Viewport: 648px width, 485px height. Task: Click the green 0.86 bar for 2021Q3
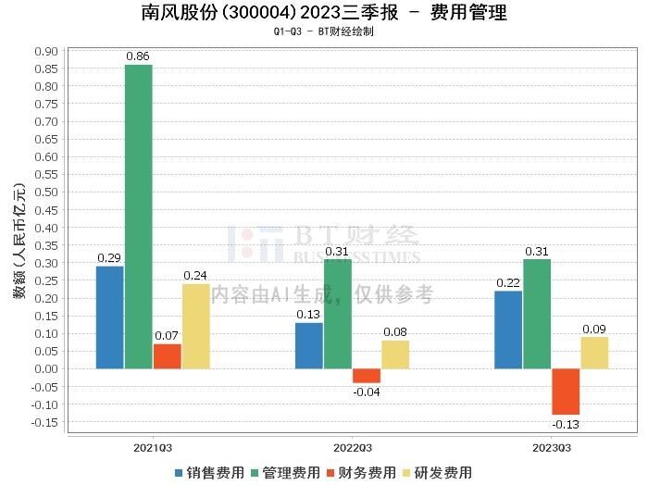(x=139, y=217)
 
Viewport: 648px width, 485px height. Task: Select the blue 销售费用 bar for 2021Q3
(x=110, y=317)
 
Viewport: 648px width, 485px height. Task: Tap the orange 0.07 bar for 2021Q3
(x=168, y=356)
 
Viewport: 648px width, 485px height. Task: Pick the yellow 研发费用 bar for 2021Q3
(x=196, y=326)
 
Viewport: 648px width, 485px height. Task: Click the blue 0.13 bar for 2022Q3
(x=309, y=345)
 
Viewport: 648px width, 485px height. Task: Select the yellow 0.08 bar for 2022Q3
(x=395, y=354)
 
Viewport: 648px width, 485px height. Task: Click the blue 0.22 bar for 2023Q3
(x=508, y=330)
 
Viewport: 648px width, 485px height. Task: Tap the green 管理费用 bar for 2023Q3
(x=537, y=314)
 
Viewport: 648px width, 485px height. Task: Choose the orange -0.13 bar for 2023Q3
(x=566, y=392)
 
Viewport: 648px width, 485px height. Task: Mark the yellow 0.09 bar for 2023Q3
(x=594, y=353)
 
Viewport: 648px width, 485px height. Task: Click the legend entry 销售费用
(x=209, y=472)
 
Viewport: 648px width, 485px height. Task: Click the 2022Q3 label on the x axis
(x=353, y=446)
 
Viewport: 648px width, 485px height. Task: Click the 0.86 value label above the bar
(x=138, y=56)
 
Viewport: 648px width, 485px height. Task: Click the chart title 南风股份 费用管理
(x=323, y=13)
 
